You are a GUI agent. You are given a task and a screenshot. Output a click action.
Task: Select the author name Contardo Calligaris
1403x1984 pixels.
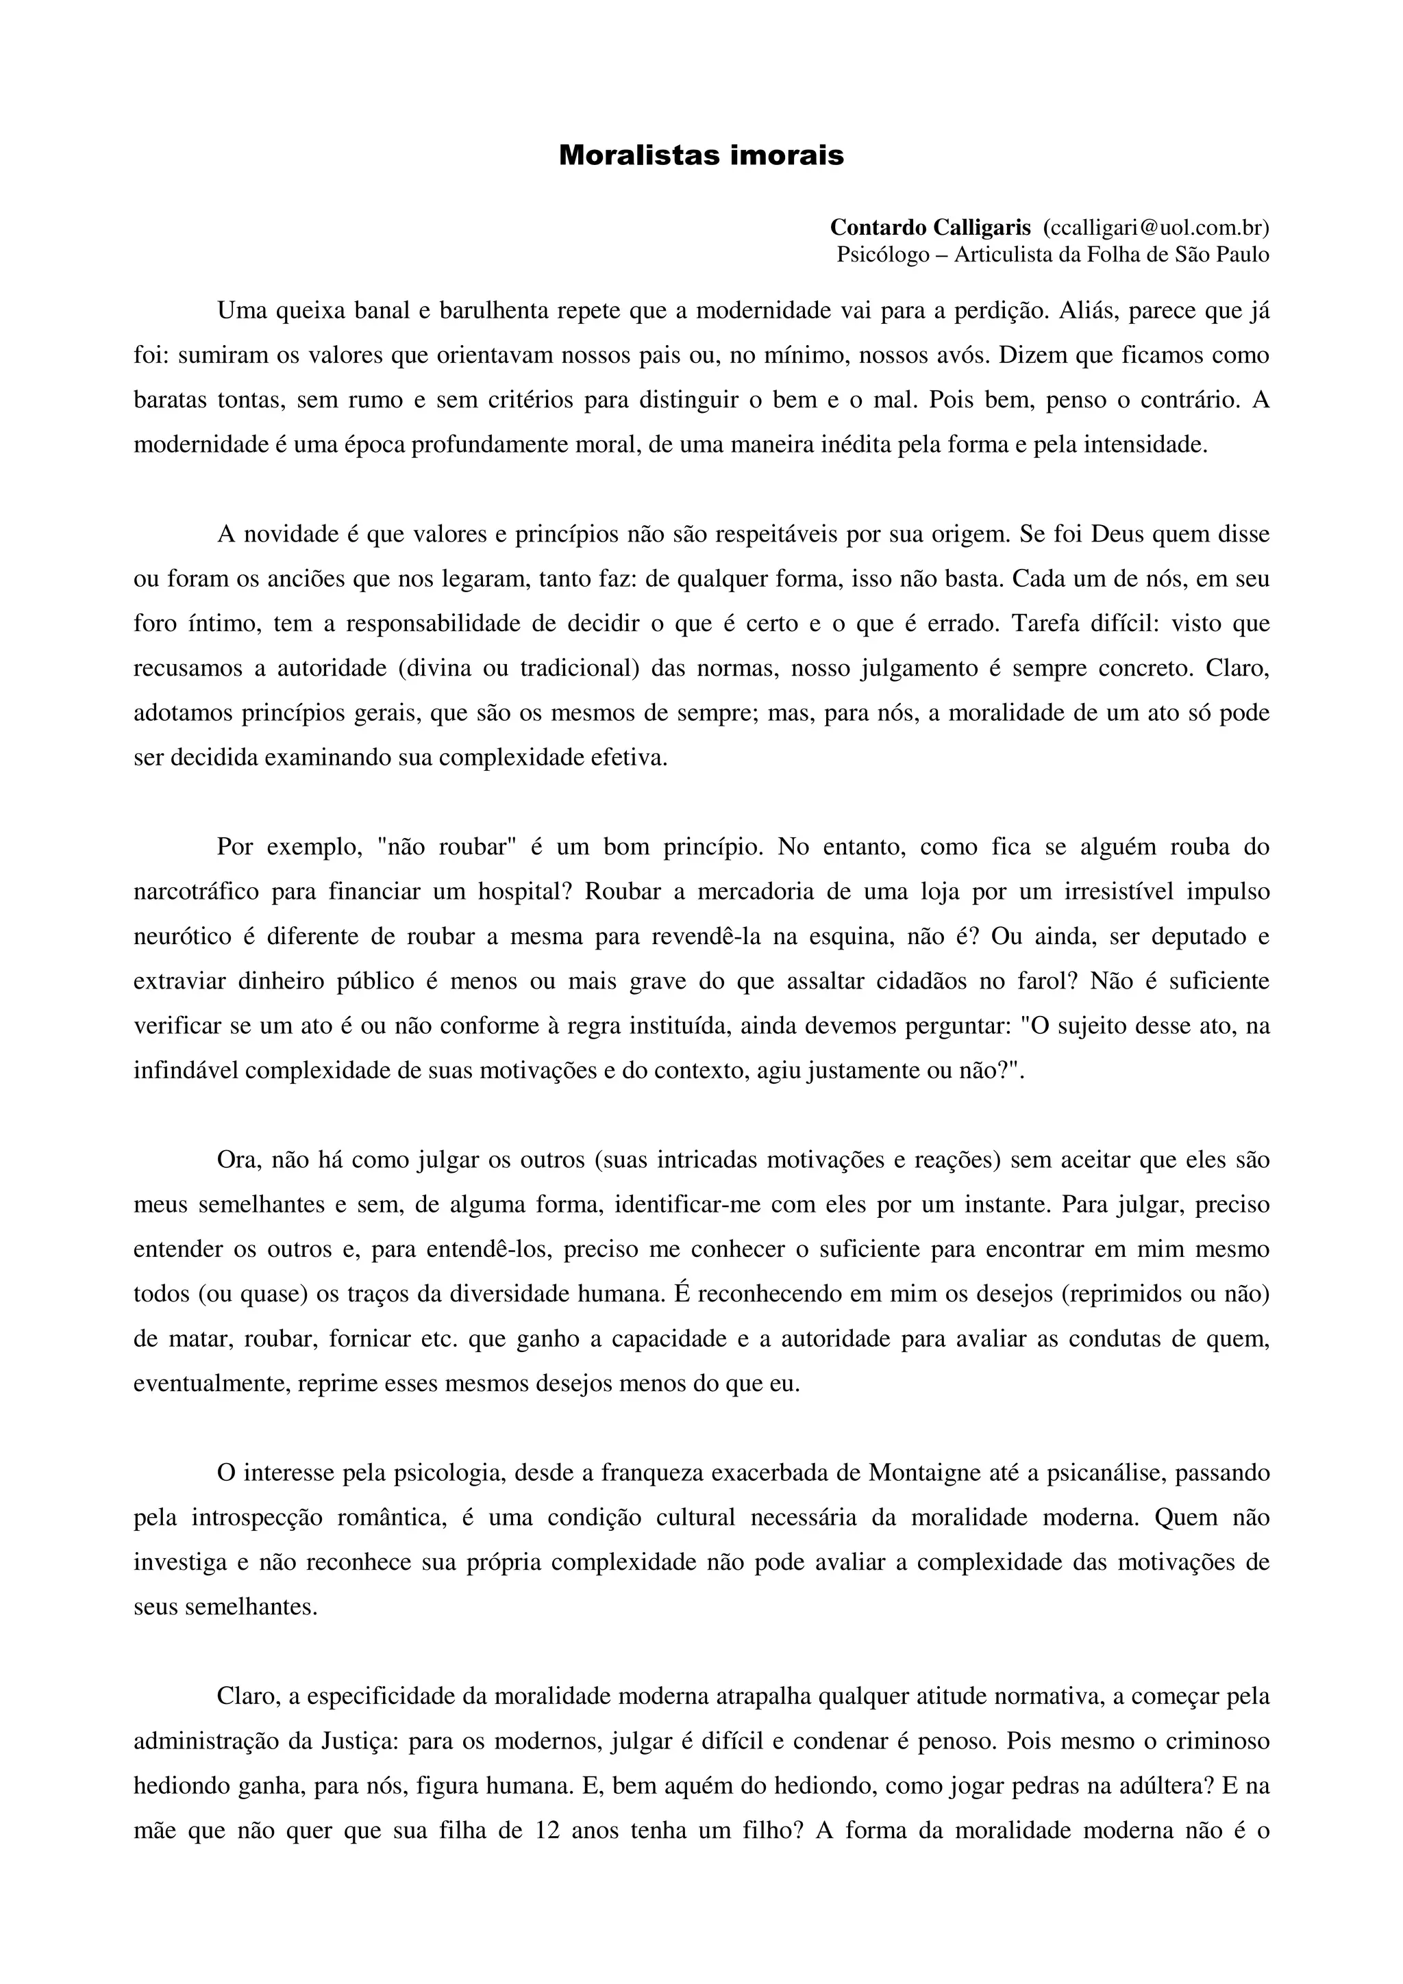click(x=930, y=227)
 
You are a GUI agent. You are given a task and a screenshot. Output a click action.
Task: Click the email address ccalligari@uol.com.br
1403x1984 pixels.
click(x=1156, y=227)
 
